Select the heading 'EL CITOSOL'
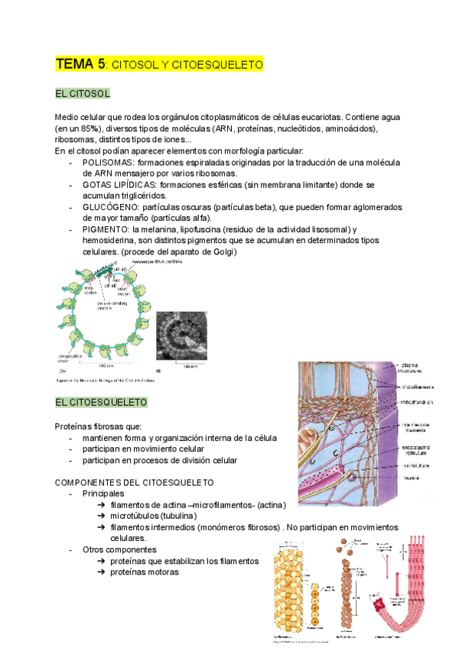83,93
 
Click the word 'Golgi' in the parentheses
223,251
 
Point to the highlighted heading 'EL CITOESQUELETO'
101,402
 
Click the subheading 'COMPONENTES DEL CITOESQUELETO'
135,483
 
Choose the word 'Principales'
108,494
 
